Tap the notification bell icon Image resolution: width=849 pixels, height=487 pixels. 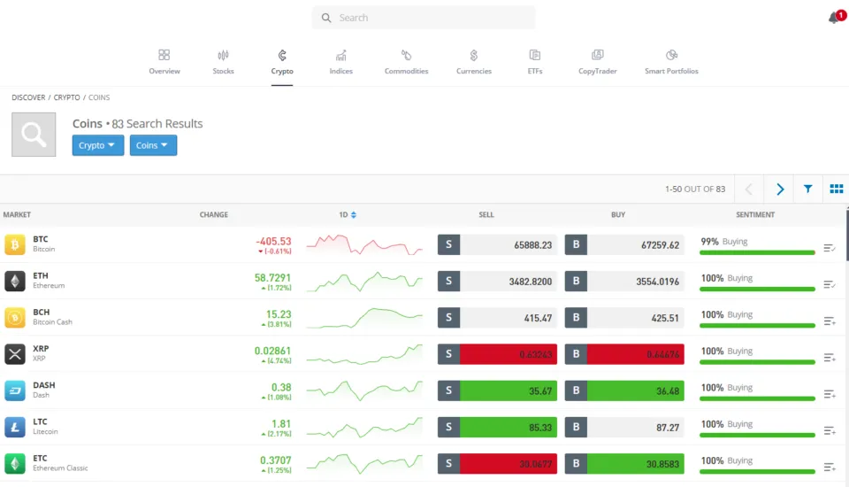[833, 18]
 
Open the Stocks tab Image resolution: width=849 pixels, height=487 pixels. [223, 62]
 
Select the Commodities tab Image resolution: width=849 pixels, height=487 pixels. [406, 62]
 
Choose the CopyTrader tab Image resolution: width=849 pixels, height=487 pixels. [598, 62]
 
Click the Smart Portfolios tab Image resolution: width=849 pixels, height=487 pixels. [671, 62]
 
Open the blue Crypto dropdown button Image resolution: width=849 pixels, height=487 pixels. [98, 145]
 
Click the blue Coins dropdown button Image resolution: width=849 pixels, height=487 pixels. [153, 145]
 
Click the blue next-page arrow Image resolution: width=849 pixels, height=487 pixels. [779, 189]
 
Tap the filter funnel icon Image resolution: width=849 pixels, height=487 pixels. [808, 189]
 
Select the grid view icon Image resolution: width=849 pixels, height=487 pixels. [836, 189]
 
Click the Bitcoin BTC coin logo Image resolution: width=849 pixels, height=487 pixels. [15, 244]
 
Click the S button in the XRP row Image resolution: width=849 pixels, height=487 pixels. [448, 354]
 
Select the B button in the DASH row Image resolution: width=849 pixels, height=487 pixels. [576, 390]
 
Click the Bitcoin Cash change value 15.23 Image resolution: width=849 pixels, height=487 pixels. [278, 314]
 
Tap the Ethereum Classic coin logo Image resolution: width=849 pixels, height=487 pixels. [15, 464]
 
